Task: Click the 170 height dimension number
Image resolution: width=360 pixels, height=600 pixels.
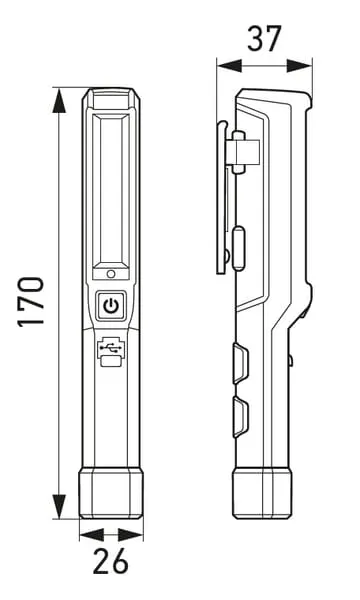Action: click(x=31, y=302)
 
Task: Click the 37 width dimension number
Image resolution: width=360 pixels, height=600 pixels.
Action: click(x=264, y=38)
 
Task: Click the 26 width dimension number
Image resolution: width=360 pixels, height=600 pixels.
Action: click(x=111, y=561)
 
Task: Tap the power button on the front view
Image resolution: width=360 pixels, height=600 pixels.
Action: click(x=111, y=306)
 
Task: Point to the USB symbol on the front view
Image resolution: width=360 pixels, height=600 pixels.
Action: click(x=111, y=347)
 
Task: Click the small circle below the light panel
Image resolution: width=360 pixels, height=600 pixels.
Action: click(x=111, y=274)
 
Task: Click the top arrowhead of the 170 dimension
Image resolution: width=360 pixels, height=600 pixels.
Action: click(x=59, y=100)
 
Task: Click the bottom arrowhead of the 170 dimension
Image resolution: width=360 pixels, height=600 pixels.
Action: click(x=59, y=506)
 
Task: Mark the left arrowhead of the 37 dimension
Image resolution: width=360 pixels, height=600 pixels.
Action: click(x=230, y=65)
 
